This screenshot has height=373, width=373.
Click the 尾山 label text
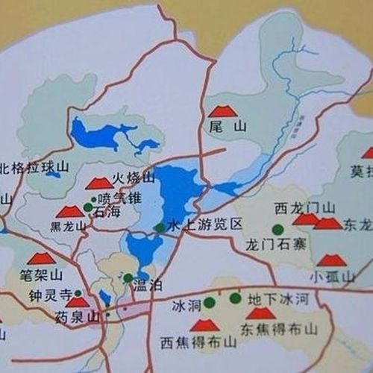coord(228,128)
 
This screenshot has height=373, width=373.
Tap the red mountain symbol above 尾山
coord(222,111)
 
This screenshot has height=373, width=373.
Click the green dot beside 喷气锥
coord(94,199)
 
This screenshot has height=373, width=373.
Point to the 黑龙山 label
coord(64,226)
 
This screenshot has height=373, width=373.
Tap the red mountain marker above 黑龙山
coord(69,212)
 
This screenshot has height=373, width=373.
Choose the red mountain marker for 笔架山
coord(41,258)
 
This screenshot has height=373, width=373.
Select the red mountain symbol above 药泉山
coord(77,302)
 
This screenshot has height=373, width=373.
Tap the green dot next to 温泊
coord(128,278)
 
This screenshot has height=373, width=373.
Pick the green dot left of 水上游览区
coord(159,227)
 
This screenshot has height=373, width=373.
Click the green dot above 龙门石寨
coord(278,229)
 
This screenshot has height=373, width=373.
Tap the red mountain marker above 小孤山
coord(331,260)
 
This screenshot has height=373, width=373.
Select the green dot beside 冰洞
coord(210,302)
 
